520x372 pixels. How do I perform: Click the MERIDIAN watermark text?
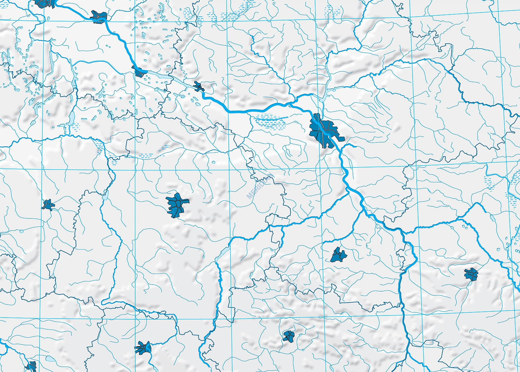point(260,186)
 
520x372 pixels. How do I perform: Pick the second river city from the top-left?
point(98,16)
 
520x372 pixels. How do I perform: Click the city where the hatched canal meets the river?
point(140,72)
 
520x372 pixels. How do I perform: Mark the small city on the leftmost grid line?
point(48,205)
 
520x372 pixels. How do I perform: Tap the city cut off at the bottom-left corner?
point(31,366)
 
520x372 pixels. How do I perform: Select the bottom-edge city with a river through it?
point(143,347)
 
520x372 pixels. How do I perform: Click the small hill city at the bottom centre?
point(288,336)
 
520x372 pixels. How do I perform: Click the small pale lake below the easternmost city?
point(492,218)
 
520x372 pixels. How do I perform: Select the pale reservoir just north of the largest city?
point(322,100)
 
